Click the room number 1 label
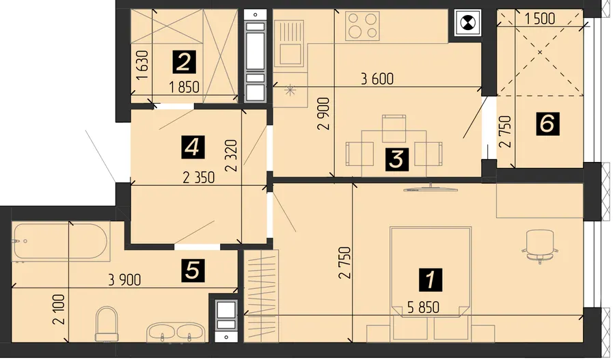pos(430,279)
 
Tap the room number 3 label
pos(397,159)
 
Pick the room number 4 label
pos(193,147)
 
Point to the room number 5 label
pos(193,271)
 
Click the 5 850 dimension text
pos(423,307)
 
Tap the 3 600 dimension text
pos(377,79)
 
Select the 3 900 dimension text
pos(124,279)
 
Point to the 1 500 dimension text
pos(540,18)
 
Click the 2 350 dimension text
pos(199,178)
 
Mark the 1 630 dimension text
pos(143,65)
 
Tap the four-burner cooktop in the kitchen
pos(362,26)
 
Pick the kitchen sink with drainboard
pos(290,43)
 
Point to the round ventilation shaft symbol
pos(467,23)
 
